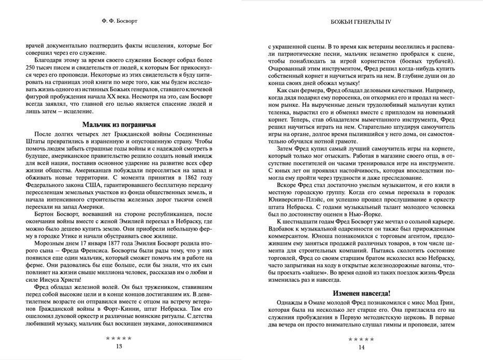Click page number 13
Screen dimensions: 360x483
pyautogui.click(x=119, y=346)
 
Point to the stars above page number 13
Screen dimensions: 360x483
pyautogui.click(x=119, y=338)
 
